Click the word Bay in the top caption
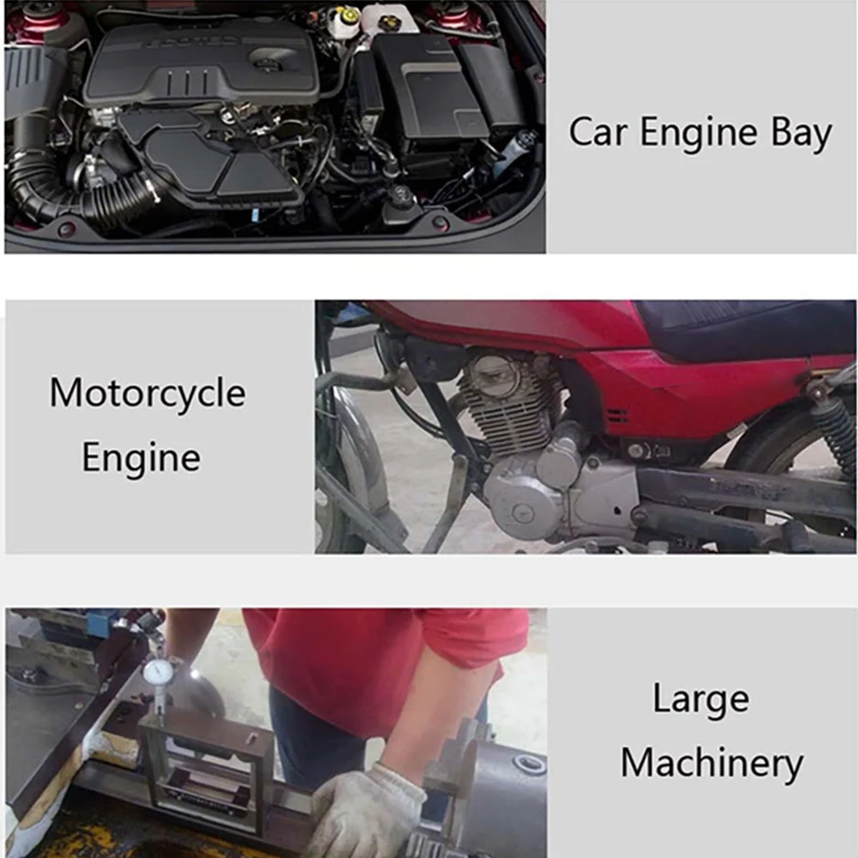pos(801,134)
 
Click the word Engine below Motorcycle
pos(141,459)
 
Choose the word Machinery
pos(712,765)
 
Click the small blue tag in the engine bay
pos(255,214)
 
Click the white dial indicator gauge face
pos(159,673)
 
